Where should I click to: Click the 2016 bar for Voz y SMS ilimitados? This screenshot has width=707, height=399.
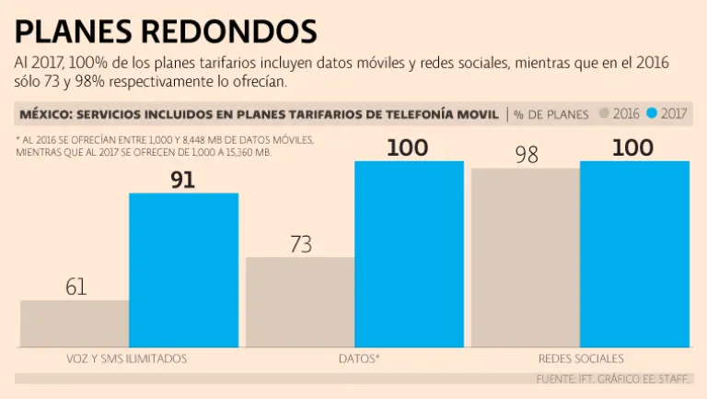point(75,323)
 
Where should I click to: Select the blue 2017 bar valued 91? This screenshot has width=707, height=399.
point(183,270)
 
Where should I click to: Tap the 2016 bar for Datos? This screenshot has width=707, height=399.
point(300,301)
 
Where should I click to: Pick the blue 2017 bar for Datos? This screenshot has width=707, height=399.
point(409,254)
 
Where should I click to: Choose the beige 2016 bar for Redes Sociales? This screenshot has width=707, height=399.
point(526,257)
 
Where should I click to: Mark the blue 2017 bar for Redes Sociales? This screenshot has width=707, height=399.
point(634,254)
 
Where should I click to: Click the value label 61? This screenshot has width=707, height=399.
point(75,287)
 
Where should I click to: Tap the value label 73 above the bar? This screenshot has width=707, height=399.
point(301,244)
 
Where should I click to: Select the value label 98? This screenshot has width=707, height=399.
point(527,155)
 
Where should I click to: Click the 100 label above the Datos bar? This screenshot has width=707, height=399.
point(407,147)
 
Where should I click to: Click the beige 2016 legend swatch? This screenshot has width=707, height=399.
point(604,114)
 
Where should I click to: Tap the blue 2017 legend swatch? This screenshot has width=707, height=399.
point(652,114)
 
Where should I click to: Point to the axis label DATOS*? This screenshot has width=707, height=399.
point(354,358)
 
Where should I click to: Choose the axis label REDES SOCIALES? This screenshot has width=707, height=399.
point(580,358)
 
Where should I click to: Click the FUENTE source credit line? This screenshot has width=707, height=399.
point(613,378)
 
